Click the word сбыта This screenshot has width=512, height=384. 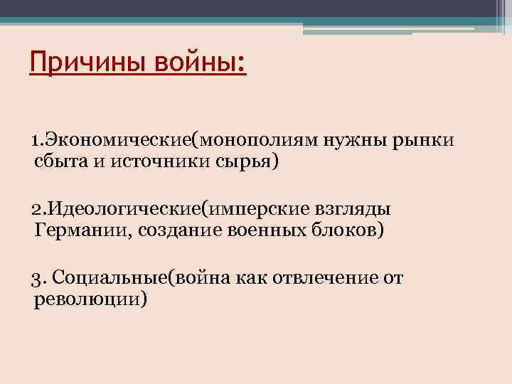[58, 162]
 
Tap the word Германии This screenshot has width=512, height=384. [74, 231]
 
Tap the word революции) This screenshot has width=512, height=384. [90, 299]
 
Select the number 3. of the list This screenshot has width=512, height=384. [40, 277]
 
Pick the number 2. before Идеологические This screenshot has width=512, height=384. [38, 209]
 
